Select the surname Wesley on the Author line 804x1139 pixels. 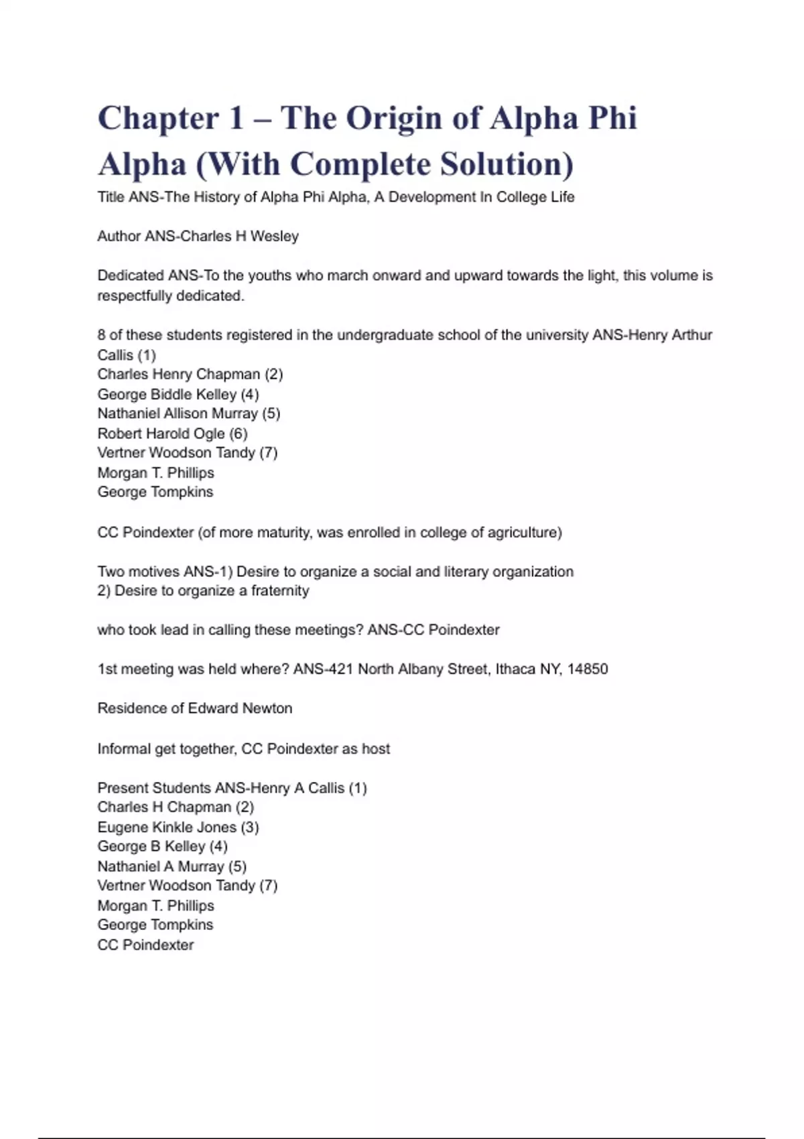[275, 236]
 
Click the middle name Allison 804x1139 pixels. [185, 413]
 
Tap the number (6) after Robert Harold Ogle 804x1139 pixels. [238, 433]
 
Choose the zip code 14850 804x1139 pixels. [588, 669]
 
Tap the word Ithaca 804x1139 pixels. [515, 669]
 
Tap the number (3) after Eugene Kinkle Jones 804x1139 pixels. [249, 827]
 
